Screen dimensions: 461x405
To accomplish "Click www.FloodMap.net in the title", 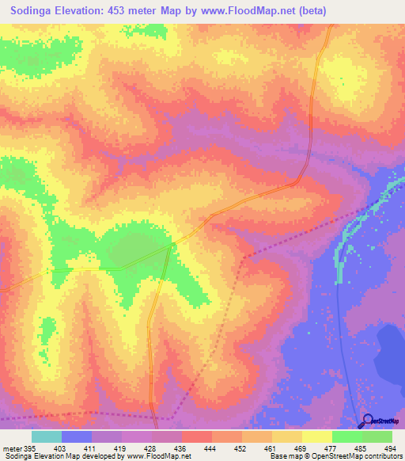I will click(x=248, y=10).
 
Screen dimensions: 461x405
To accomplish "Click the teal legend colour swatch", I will click(x=46, y=436).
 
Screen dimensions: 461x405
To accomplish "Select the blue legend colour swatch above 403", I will click(x=76, y=436).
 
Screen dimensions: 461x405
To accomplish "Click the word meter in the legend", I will click(x=11, y=448).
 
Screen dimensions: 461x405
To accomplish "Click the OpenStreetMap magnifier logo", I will click(x=368, y=421).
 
